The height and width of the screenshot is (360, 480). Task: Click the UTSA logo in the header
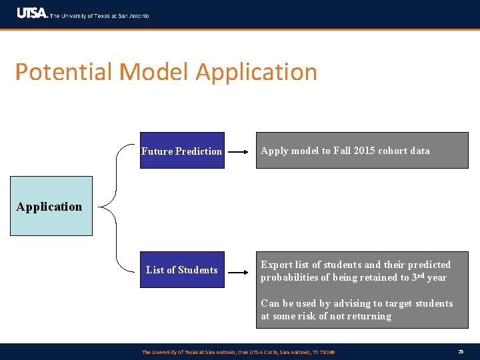(32, 13)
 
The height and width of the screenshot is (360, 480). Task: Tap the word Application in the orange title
(257, 72)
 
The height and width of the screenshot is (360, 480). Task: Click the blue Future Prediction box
(181, 151)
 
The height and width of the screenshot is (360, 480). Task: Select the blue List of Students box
(181, 269)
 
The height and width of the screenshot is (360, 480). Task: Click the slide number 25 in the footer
(461, 351)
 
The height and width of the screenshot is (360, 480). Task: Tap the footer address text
(238, 351)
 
